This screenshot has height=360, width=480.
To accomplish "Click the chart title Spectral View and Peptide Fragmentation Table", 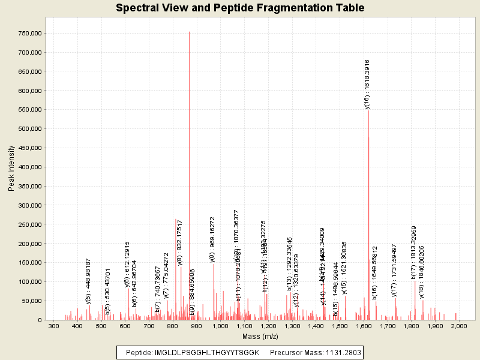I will pos(240,8).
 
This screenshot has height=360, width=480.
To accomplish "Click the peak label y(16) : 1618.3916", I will pos(367,84).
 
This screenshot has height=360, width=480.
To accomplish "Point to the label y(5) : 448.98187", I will pos(88,281).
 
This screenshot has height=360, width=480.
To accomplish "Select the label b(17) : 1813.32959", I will pos(413,253).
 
